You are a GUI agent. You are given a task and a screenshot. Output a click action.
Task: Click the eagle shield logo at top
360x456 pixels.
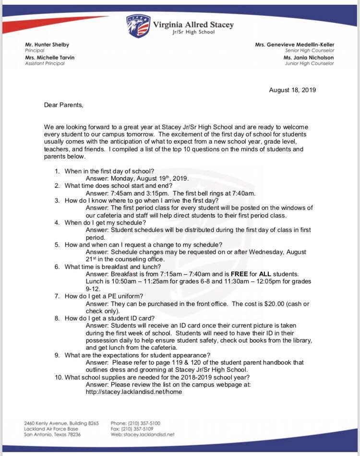pyautogui.click(x=138, y=26)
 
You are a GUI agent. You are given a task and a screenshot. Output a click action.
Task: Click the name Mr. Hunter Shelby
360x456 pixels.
pyautogui.click(x=47, y=45)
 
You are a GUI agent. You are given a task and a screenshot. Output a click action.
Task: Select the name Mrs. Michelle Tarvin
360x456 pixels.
pyautogui.click(x=49, y=58)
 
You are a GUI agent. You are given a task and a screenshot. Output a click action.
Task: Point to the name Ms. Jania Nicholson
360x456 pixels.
pyautogui.click(x=309, y=58)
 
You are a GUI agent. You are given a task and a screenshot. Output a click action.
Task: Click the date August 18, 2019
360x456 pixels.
pyautogui.click(x=292, y=90)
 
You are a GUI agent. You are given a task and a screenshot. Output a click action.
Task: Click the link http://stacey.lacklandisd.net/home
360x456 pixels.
pyautogui.click(x=134, y=392)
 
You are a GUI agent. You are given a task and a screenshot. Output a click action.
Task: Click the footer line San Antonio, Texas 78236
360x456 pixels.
pyautogui.click(x=52, y=434)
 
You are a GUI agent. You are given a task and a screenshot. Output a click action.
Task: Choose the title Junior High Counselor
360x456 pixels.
pyautogui.click(x=309, y=63)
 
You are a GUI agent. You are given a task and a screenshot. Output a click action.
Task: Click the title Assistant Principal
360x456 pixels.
pyautogui.click(x=45, y=63)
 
